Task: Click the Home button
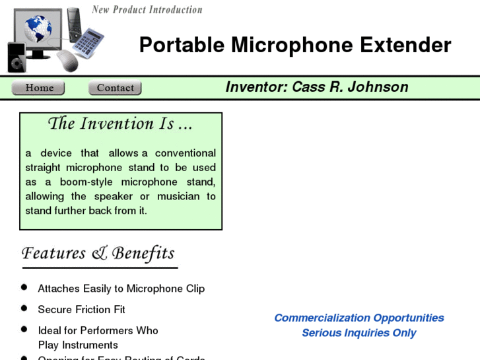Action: (38, 88)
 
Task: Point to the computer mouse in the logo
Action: (67, 61)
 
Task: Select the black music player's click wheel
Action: (17, 60)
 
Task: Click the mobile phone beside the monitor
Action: (74, 21)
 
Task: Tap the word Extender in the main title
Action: (405, 45)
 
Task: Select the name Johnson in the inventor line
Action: (378, 87)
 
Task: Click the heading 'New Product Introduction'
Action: (147, 10)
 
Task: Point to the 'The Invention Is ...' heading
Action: (120, 124)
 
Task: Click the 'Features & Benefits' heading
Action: (98, 254)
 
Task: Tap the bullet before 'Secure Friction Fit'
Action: (24, 308)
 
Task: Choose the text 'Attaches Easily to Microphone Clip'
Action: (121, 289)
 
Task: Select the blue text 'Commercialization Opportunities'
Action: (359, 318)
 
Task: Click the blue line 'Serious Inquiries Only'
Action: (359, 333)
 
